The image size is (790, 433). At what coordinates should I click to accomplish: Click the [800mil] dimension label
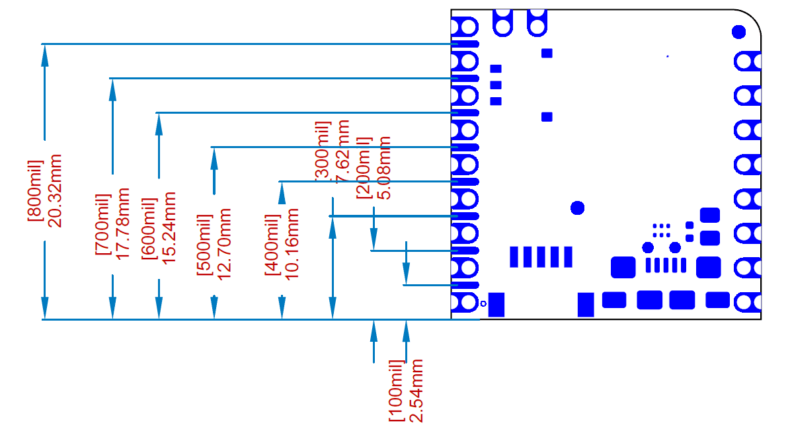coord(34,190)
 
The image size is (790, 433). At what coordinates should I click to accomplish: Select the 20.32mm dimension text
coord(55,190)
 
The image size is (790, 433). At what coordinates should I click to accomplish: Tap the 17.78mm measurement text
coord(122,223)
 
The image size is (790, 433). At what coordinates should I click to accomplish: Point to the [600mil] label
coord(149,228)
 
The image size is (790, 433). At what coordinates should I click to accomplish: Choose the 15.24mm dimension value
coord(169,228)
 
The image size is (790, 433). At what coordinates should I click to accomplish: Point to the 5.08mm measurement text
coord(383,167)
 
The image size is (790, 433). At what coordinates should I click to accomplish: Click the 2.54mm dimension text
coord(416,391)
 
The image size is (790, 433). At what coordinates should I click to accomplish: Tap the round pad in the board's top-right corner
coord(739,31)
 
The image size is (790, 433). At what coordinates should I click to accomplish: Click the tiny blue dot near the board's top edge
coord(668,56)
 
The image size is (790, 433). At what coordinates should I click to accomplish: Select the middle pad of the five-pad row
coord(541,256)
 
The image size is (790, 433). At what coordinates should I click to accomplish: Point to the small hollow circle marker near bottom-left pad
coord(483,303)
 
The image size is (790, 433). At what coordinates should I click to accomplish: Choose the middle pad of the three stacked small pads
coord(496,85)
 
